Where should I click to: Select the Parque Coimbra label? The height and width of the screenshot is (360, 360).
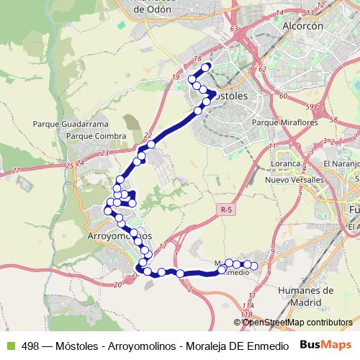pos(96,135)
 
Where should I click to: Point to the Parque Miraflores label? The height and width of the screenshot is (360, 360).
pos(280,122)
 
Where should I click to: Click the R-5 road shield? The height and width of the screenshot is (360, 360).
pos(227,210)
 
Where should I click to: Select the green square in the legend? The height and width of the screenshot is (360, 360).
pos(10,346)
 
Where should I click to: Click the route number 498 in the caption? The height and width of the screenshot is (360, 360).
pos(30,346)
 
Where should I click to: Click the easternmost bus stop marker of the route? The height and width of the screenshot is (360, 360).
pos(253,266)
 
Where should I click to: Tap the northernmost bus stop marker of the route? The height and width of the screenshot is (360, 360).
pos(207,67)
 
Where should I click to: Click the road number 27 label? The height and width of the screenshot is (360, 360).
pos(16,171)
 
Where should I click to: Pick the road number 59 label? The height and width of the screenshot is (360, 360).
pos(309,107)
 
